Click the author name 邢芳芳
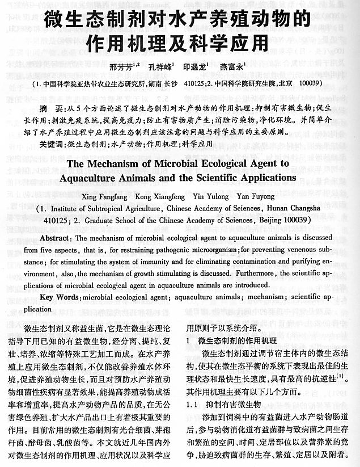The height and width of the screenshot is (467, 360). click(x=124, y=66)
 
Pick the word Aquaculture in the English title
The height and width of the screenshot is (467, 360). click(x=114, y=177)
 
